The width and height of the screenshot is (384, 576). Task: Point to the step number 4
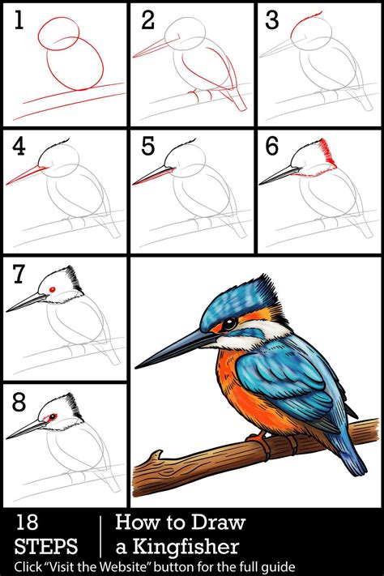coord(19,147)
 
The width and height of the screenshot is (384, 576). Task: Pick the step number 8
coord(19,401)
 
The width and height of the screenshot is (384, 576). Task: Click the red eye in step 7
coord(52,289)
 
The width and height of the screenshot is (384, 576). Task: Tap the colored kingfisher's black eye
coord(229,322)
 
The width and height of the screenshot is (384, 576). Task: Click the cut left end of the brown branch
coord(139,477)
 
